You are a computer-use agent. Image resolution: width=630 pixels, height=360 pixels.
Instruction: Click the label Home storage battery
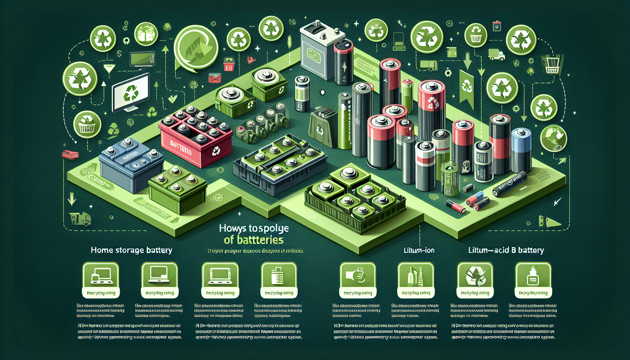click(131, 250)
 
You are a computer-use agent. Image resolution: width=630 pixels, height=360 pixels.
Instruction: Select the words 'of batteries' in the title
click(253, 240)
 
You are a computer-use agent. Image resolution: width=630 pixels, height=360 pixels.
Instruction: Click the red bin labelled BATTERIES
click(195, 141)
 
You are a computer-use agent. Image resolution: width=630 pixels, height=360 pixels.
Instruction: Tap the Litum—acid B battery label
click(506, 251)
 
